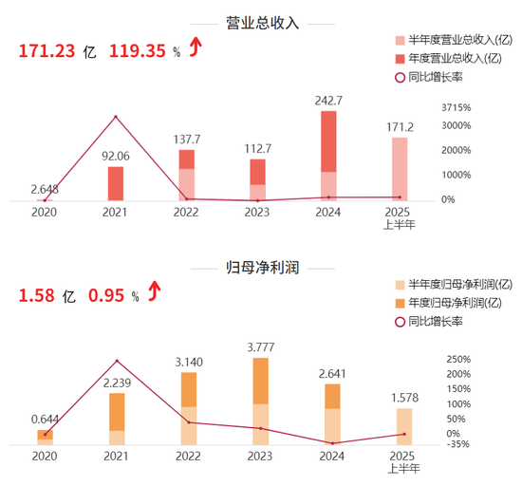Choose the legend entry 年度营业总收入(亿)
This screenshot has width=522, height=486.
(x=454, y=58)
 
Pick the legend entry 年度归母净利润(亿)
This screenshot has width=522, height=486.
(x=454, y=303)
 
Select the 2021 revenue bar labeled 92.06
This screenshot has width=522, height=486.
(x=116, y=183)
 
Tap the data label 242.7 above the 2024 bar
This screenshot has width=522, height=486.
(x=328, y=100)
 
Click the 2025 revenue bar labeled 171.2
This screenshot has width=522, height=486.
(x=401, y=169)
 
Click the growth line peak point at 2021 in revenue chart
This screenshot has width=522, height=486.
(x=116, y=117)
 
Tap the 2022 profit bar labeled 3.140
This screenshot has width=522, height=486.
(x=188, y=408)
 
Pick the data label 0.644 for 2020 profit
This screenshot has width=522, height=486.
(x=44, y=419)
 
